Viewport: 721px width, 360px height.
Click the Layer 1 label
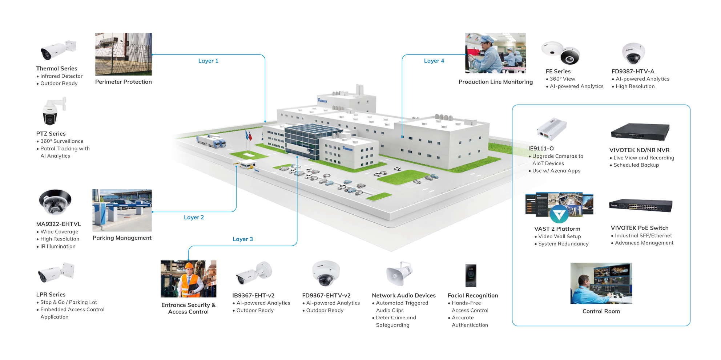point(208,61)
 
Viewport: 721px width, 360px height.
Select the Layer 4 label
point(434,61)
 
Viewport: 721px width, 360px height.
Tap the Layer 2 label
point(194,218)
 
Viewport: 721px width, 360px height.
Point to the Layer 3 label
point(243,239)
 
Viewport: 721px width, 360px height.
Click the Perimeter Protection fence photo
point(124,54)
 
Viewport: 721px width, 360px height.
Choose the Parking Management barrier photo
point(122,210)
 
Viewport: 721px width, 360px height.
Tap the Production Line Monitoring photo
point(495,53)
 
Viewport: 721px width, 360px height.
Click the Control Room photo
point(601,283)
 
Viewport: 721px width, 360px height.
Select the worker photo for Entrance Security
point(188,279)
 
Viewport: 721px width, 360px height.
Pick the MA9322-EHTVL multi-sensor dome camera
point(55,202)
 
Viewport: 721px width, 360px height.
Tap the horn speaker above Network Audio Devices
point(399,274)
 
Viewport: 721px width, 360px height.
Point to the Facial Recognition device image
point(471,276)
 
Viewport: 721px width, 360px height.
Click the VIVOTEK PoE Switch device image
point(640,206)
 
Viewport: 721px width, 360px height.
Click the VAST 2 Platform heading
point(557,229)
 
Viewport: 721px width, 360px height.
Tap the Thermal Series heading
point(57,69)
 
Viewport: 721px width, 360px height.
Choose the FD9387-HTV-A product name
point(633,72)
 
